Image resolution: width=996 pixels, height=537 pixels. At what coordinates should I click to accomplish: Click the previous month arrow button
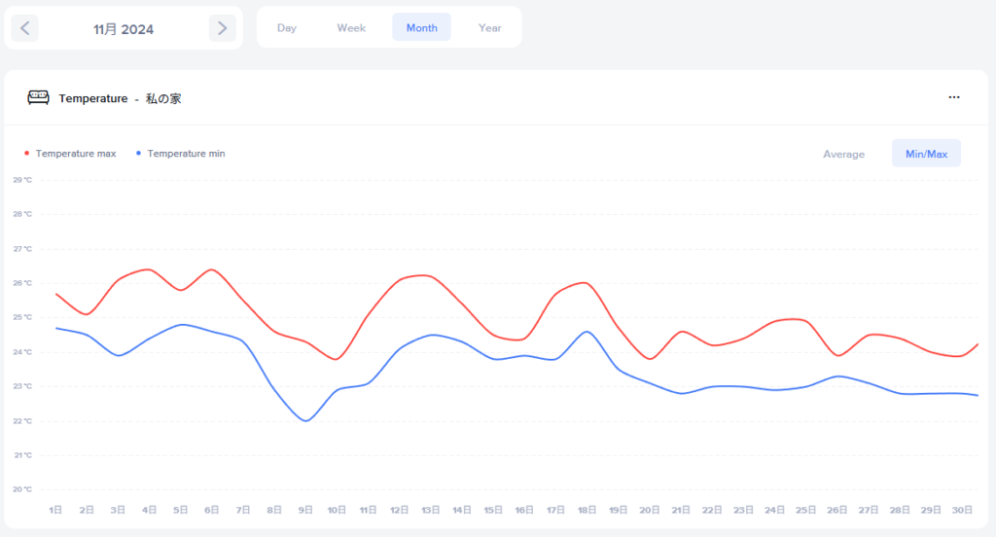tap(25, 28)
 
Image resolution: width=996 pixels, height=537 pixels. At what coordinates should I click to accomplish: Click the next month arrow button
tap(223, 28)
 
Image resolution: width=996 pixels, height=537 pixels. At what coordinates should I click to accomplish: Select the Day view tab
tap(286, 28)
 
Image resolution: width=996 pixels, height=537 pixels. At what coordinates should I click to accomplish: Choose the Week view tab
tap(351, 28)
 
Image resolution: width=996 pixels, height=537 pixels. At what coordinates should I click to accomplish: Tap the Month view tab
tap(421, 28)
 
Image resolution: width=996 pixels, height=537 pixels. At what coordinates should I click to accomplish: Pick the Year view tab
tap(489, 28)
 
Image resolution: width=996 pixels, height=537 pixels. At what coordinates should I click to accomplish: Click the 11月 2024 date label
tap(124, 29)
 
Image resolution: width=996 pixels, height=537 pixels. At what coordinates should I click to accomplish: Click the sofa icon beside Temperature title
tap(38, 98)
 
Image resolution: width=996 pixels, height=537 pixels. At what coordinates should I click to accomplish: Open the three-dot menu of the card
tap(954, 97)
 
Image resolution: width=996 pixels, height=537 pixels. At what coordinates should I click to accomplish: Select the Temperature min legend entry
tap(185, 154)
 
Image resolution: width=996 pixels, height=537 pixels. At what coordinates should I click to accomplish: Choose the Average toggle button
tap(843, 155)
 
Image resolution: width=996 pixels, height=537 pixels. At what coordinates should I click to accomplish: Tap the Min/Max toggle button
tap(926, 155)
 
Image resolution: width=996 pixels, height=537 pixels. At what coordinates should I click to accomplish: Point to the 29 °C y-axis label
tap(22, 180)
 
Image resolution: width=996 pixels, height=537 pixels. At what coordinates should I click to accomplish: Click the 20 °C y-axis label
tap(22, 489)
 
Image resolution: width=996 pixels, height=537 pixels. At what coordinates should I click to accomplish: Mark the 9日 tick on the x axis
tap(305, 510)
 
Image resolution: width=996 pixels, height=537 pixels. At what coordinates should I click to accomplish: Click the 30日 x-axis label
tap(963, 510)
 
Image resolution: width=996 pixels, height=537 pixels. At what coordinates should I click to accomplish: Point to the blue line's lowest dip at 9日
tap(305, 420)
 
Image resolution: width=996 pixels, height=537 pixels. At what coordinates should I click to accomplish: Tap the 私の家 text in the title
tap(163, 98)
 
